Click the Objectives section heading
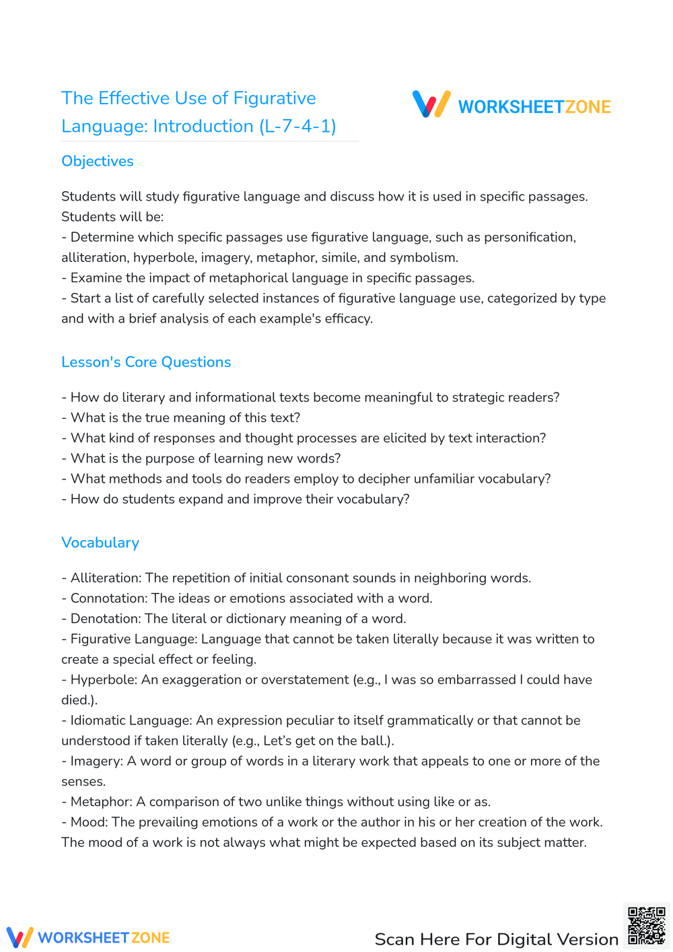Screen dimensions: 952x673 click(97, 162)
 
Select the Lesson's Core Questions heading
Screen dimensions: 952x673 click(146, 362)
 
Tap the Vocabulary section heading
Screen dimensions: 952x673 click(100, 543)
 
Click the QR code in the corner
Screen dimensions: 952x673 click(646, 926)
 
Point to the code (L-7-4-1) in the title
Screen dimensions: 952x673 click(297, 127)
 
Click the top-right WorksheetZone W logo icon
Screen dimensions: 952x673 click(431, 104)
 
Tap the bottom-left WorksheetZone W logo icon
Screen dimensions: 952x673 click(20, 937)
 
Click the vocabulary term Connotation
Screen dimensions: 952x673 click(108, 599)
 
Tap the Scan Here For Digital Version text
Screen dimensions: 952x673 click(496, 939)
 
